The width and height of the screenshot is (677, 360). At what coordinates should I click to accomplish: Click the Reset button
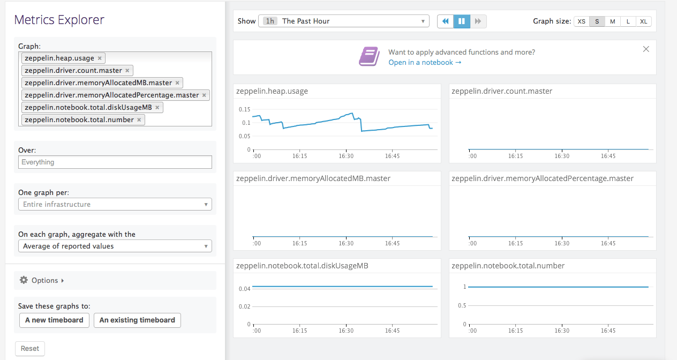(29, 348)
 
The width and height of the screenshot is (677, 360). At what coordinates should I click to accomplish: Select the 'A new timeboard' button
(54, 320)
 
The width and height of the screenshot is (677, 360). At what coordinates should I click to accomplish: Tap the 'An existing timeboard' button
(137, 320)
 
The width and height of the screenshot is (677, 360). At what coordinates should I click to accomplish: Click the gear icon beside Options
(24, 280)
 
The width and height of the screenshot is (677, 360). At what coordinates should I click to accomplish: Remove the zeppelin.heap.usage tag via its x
(100, 58)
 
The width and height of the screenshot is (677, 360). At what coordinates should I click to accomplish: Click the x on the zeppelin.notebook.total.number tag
(139, 120)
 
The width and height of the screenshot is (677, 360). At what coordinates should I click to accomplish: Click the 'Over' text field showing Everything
(115, 162)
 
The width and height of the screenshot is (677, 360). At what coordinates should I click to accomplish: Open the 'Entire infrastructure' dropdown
(115, 204)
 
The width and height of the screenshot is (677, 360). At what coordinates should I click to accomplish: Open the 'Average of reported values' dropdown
(115, 246)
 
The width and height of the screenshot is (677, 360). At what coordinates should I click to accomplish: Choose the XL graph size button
(643, 21)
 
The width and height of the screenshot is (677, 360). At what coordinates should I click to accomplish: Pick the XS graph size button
(581, 21)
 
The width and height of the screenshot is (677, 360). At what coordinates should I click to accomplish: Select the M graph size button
(612, 21)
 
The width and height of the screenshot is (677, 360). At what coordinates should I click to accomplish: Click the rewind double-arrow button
(445, 21)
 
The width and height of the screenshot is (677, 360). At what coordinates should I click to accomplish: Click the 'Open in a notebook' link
(425, 63)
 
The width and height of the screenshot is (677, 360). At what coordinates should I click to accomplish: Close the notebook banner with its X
(646, 49)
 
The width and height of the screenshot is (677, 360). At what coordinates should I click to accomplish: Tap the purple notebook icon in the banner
(368, 57)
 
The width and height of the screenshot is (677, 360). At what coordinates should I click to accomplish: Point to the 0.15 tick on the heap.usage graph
(244, 109)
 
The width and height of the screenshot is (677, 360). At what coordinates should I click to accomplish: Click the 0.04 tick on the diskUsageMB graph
(244, 289)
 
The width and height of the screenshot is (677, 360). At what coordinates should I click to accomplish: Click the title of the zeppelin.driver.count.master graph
(502, 91)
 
